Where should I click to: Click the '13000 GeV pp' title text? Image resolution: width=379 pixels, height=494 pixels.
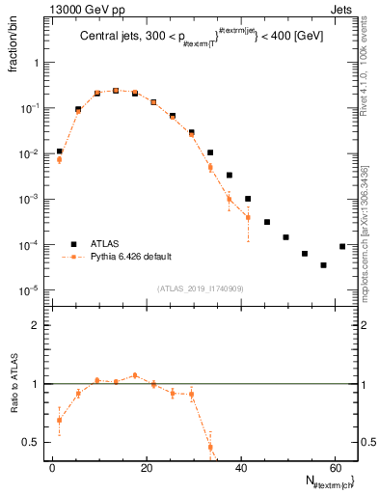pyautogui.click(x=79, y=9)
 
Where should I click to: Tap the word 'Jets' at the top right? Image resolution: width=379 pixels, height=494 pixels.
pyautogui.click(x=345, y=9)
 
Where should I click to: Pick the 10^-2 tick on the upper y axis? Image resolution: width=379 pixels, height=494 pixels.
pyautogui.click(x=30, y=153)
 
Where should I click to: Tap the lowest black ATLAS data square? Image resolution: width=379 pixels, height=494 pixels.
pyautogui.click(x=324, y=264)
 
